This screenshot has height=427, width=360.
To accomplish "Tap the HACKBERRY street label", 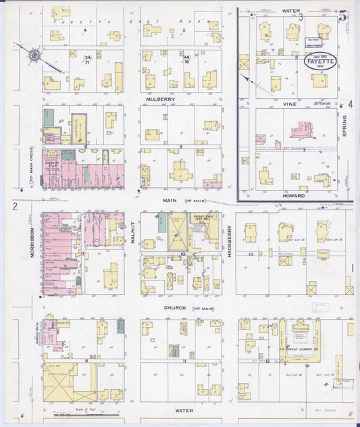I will pos(229,240).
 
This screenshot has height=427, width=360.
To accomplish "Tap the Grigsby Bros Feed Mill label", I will pos(203,219).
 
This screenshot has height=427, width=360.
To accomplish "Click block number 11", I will pos(183,361).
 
